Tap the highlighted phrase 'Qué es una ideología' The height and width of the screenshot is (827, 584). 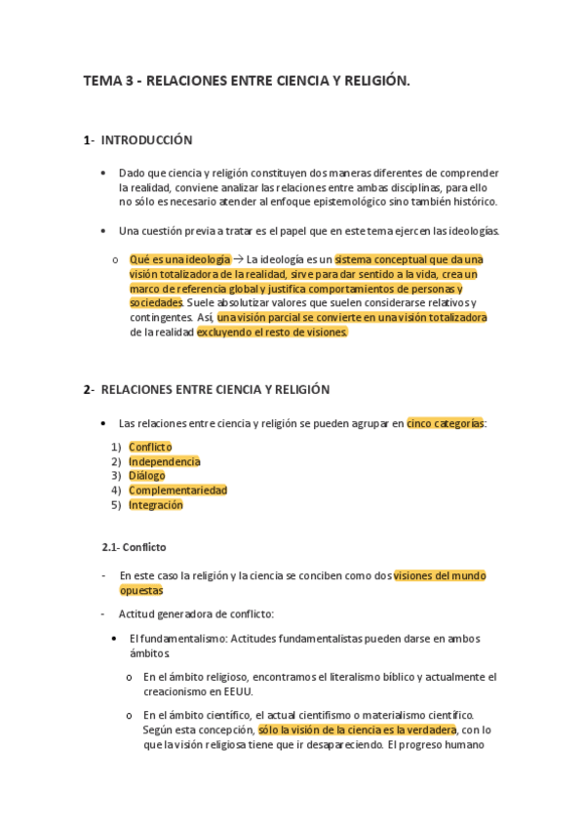(x=179, y=259)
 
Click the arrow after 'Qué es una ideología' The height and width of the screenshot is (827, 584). (x=238, y=259)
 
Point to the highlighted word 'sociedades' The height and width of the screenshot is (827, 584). (x=156, y=303)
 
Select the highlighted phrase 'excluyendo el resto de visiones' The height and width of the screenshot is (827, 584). (x=272, y=332)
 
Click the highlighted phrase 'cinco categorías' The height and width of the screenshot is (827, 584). (x=445, y=424)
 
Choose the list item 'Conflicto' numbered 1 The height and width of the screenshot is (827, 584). (x=150, y=447)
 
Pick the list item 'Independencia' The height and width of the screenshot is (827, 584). (x=165, y=461)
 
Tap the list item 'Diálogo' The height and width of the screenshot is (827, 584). (x=146, y=476)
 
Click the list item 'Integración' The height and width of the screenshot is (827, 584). (x=156, y=505)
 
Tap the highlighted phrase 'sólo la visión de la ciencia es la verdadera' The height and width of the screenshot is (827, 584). (x=358, y=729)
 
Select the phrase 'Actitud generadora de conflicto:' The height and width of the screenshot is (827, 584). (x=196, y=614)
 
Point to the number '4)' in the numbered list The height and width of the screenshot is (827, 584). (x=116, y=491)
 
